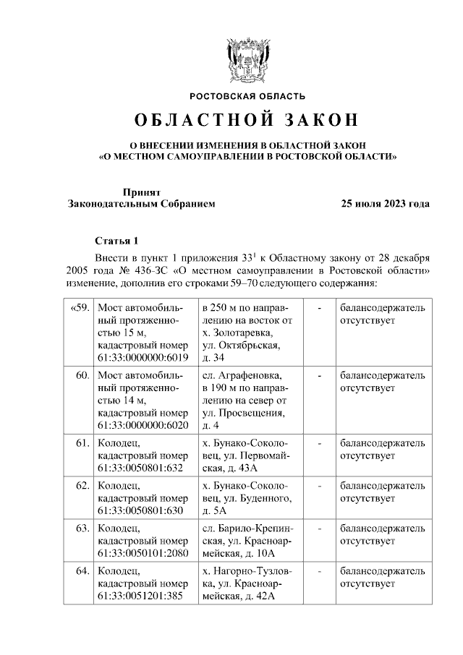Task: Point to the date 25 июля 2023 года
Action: pos(386,204)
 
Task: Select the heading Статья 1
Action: pos(116,240)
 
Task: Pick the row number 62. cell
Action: pos(82,486)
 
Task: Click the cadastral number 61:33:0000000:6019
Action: pos(143,358)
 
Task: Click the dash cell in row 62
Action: pos(319,486)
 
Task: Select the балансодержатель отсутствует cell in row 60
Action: pos(383,382)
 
